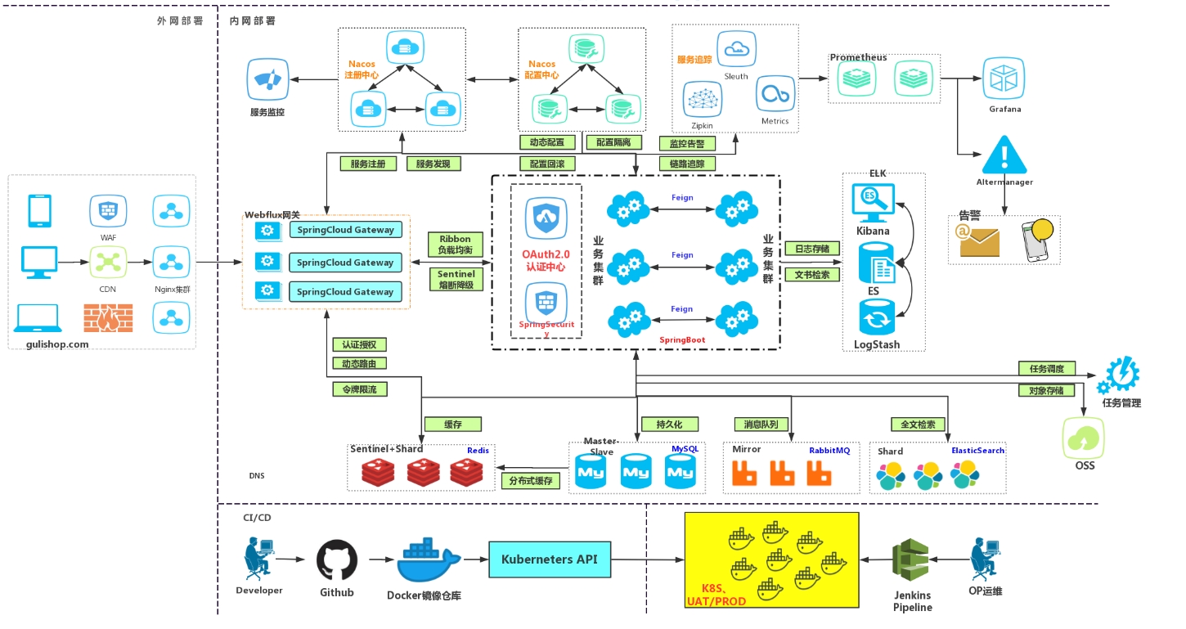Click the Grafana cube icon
pyautogui.click(x=1004, y=79)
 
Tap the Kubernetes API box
pyautogui.click(x=549, y=559)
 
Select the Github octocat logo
pyautogui.click(x=337, y=559)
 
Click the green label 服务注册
pyautogui.click(x=368, y=164)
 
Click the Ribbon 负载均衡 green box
pyautogui.click(x=456, y=245)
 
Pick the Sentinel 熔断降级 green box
pyautogui.click(x=456, y=280)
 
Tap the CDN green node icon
pyautogui.click(x=108, y=263)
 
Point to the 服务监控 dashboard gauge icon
pyautogui.click(x=267, y=79)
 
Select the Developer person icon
pyautogui.click(x=258, y=559)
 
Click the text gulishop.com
pyautogui.click(x=51, y=344)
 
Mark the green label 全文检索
pyautogui.click(x=918, y=425)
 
